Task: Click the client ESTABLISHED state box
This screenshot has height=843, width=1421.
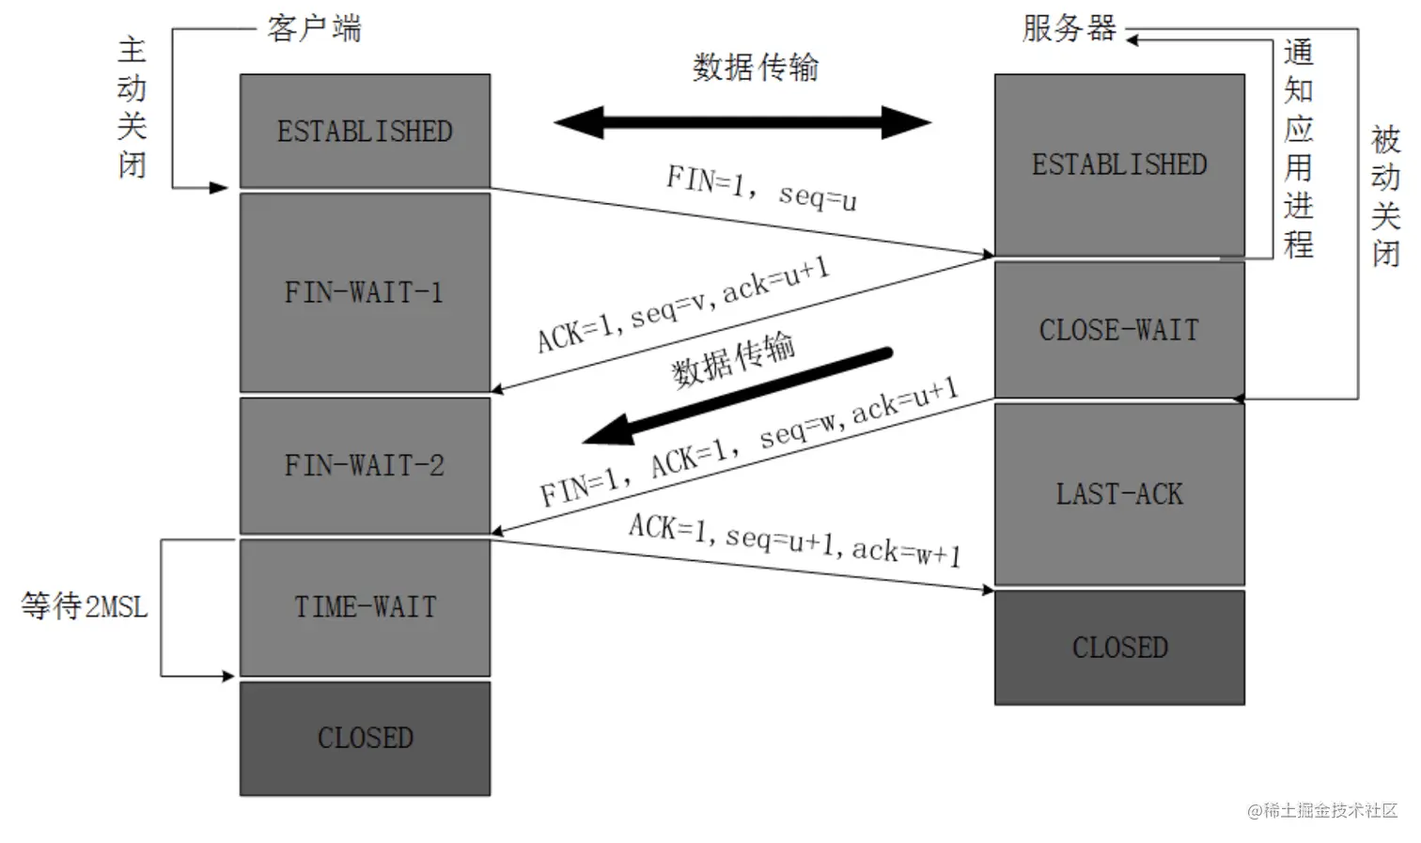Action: tap(365, 131)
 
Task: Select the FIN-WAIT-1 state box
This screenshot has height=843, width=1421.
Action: tap(365, 292)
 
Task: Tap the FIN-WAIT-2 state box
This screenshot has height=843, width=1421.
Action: tap(365, 465)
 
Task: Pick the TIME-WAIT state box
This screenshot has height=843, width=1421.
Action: tap(365, 607)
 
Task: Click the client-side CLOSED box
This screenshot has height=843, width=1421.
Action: tap(365, 738)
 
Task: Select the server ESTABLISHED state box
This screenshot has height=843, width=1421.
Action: tap(1119, 164)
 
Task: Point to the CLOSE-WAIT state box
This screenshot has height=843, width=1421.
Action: tap(1119, 330)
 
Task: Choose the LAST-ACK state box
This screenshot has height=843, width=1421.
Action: tap(1119, 493)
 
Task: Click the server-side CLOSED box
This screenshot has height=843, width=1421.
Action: tap(1119, 648)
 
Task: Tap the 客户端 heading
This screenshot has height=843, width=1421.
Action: tap(314, 28)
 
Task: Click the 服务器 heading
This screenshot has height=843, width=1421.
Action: tap(1069, 28)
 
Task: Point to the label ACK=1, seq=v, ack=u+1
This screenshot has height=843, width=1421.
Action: tap(683, 304)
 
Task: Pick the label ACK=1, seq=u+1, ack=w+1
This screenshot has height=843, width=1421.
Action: tap(795, 539)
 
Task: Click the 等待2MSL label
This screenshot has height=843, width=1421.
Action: tap(85, 606)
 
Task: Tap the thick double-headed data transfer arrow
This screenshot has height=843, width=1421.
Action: tap(742, 122)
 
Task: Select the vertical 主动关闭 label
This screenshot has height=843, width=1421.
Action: tap(132, 107)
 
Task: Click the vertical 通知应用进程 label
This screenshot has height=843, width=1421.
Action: tap(1298, 148)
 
